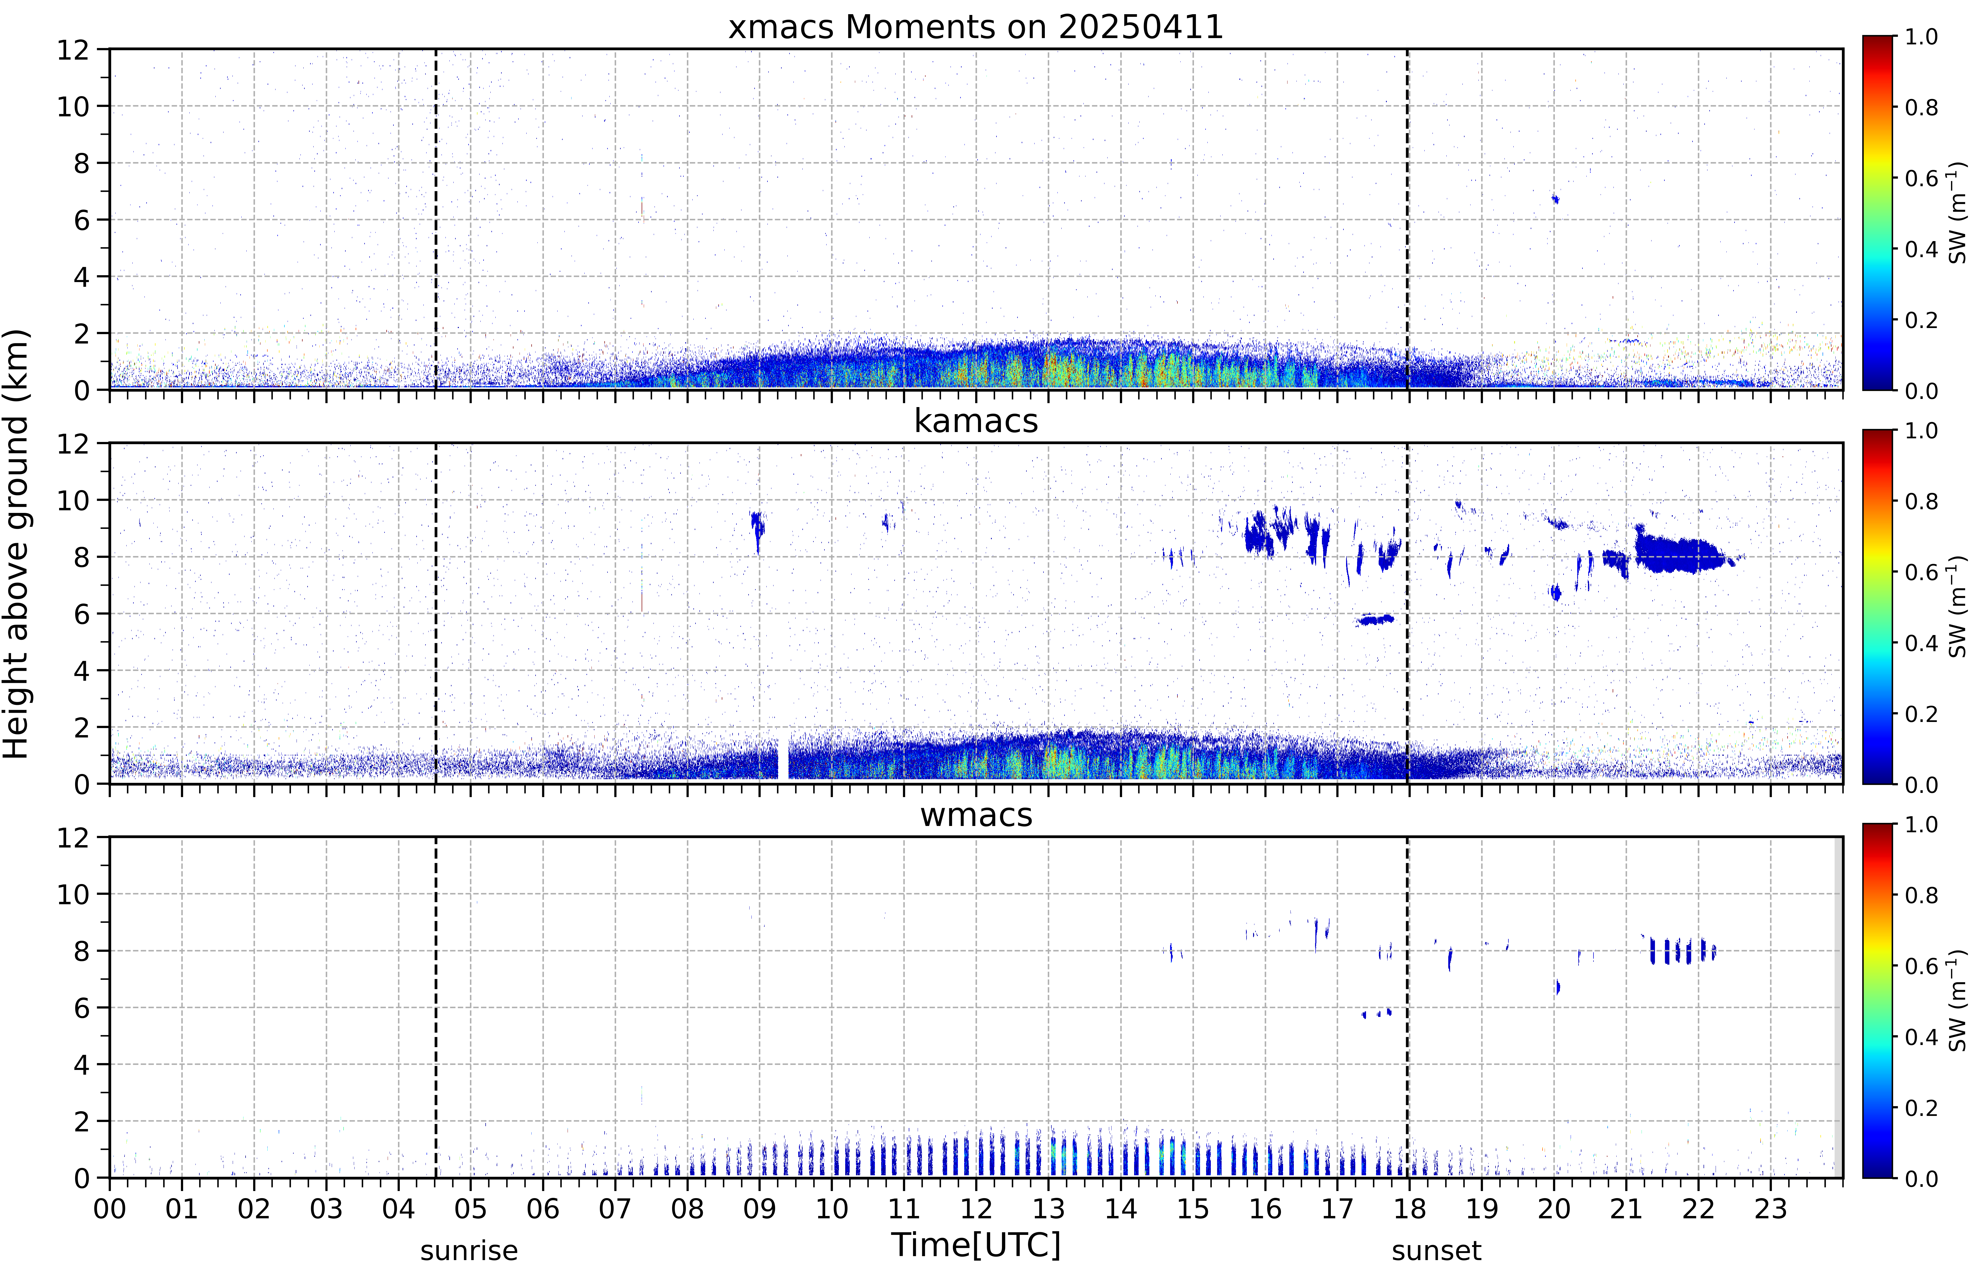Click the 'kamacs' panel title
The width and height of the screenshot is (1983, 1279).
point(976,421)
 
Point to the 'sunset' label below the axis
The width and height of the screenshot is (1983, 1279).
point(1437,1251)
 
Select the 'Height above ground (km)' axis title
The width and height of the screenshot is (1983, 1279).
point(17,544)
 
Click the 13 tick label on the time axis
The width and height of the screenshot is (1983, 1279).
point(1049,1208)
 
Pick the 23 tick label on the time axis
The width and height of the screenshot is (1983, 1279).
point(1771,1208)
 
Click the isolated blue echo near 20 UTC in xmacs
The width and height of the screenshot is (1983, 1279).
point(1555,199)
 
